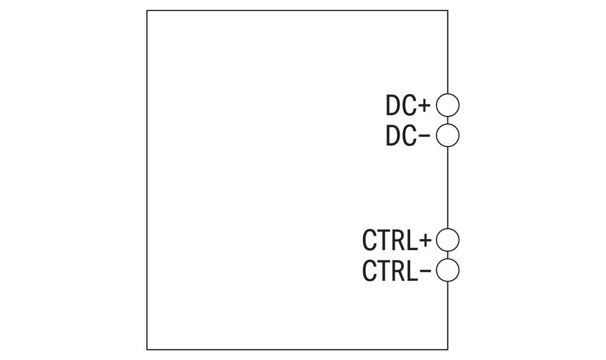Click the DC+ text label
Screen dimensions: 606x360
point(408,105)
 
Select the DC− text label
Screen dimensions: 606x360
point(408,136)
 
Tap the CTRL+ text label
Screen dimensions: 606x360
point(397,240)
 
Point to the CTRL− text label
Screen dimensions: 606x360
point(397,270)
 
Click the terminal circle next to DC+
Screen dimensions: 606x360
point(447,94)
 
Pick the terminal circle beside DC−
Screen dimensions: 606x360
point(447,124)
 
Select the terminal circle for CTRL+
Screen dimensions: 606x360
point(447,229)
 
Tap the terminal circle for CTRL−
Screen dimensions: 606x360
point(447,259)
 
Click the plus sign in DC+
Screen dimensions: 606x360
point(424,105)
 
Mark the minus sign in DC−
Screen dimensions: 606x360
point(424,136)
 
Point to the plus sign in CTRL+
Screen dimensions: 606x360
point(425,240)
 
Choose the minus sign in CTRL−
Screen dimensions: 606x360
point(425,270)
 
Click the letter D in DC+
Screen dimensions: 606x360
point(393,105)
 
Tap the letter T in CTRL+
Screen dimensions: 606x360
point(384,240)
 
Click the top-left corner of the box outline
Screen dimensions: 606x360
point(147,11)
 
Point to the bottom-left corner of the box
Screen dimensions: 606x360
point(147,349)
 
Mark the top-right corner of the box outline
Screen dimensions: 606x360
point(448,11)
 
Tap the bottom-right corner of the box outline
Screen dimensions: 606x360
point(448,349)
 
